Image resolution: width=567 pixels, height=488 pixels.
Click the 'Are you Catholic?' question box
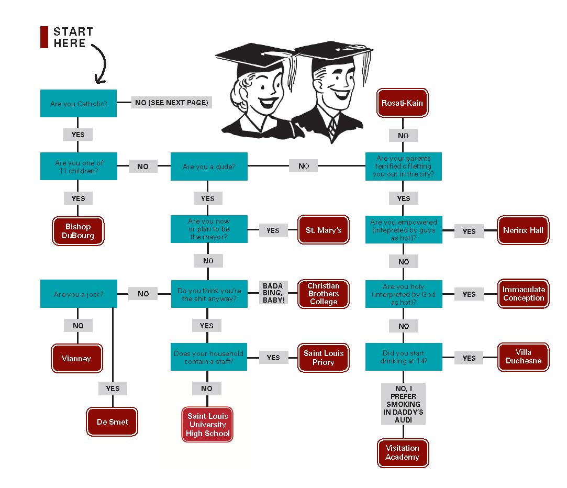click(x=78, y=103)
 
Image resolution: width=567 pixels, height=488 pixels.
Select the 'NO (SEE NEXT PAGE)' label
click(x=172, y=103)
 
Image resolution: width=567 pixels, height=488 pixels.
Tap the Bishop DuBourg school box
click(x=78, y=231)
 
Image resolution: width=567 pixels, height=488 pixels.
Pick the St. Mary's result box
click(x=324, y=230)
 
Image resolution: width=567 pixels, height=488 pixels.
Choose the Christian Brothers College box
click(x=324, y=294)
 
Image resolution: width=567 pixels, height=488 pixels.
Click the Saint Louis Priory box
click(x=324, y=358)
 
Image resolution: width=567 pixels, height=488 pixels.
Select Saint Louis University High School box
click(x=208, y=425)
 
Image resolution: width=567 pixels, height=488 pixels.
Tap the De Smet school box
click(x=112, y=422)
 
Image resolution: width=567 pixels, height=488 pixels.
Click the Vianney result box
click(x=76, y=359)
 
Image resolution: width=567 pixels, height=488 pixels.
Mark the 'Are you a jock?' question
click(x=78, y=294)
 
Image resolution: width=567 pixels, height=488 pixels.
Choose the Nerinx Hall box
click(x=523, y=230)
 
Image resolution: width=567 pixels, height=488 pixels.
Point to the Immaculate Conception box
click(x=523, y=294)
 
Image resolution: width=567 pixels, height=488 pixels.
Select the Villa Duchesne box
click(x=523, y=357)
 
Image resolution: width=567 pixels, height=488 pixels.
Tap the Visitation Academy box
click(x=403, y=453)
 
